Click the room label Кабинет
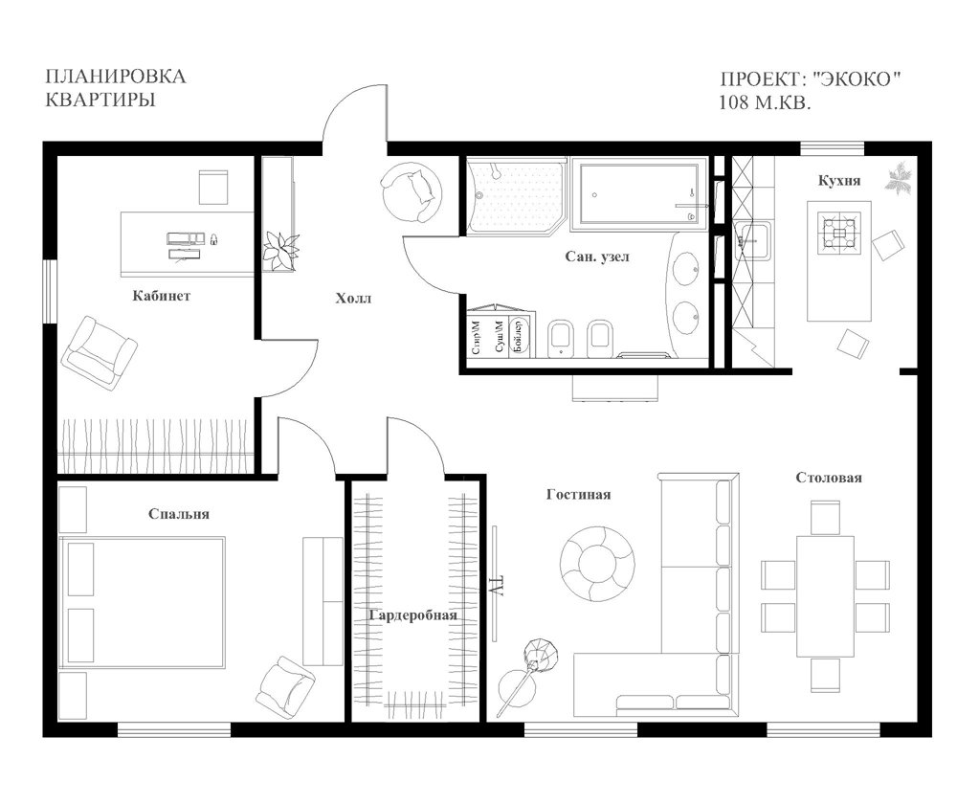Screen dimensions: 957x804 click(x=161, y=296)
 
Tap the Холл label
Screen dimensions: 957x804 click(x=353, y=299)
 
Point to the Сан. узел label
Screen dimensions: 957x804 click(x=597, y=257)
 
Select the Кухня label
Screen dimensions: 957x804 click(x=839, y=181)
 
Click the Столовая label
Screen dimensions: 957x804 click(x=829, y=478)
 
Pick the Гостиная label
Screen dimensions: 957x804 click(x=579, y=495)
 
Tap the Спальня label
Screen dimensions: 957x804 click(x=179, y=514)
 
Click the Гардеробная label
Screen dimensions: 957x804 click(x=413, y=615)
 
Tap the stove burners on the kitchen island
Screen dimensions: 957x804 click(x=839, y=233)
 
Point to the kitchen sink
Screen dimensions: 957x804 click(x=753, y=240)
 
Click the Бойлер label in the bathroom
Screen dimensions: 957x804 click(x=519, y=336)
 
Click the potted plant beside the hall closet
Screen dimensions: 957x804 click(x=280, y=250)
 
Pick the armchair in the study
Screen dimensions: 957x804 click(x=100, y=353)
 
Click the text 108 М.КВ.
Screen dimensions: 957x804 click(x=766, y=102)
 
